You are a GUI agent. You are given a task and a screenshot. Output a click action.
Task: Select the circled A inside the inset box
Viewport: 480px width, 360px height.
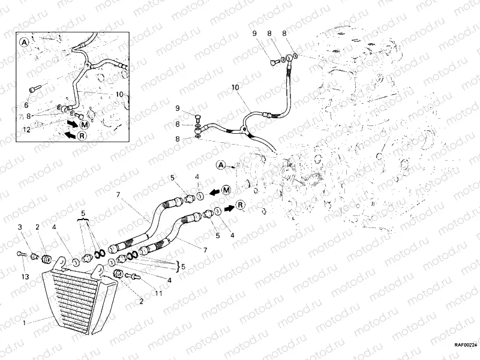click(25, 43)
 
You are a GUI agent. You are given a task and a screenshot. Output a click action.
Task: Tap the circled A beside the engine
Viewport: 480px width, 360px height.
click(221, 164)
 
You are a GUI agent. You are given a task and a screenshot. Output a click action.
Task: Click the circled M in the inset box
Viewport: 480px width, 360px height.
click(85, 124)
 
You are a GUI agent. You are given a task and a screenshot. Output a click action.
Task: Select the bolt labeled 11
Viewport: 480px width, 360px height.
click(134, 276)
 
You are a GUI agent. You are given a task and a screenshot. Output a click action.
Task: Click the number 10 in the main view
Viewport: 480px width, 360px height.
click(235, 88)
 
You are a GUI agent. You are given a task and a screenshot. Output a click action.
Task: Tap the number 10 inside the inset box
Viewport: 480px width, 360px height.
click(119, 94)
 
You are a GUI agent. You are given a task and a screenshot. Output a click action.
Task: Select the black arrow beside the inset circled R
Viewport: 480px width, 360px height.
click(70, 136)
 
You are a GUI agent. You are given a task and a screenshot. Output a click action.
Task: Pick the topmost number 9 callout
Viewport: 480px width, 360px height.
click(270, 33)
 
